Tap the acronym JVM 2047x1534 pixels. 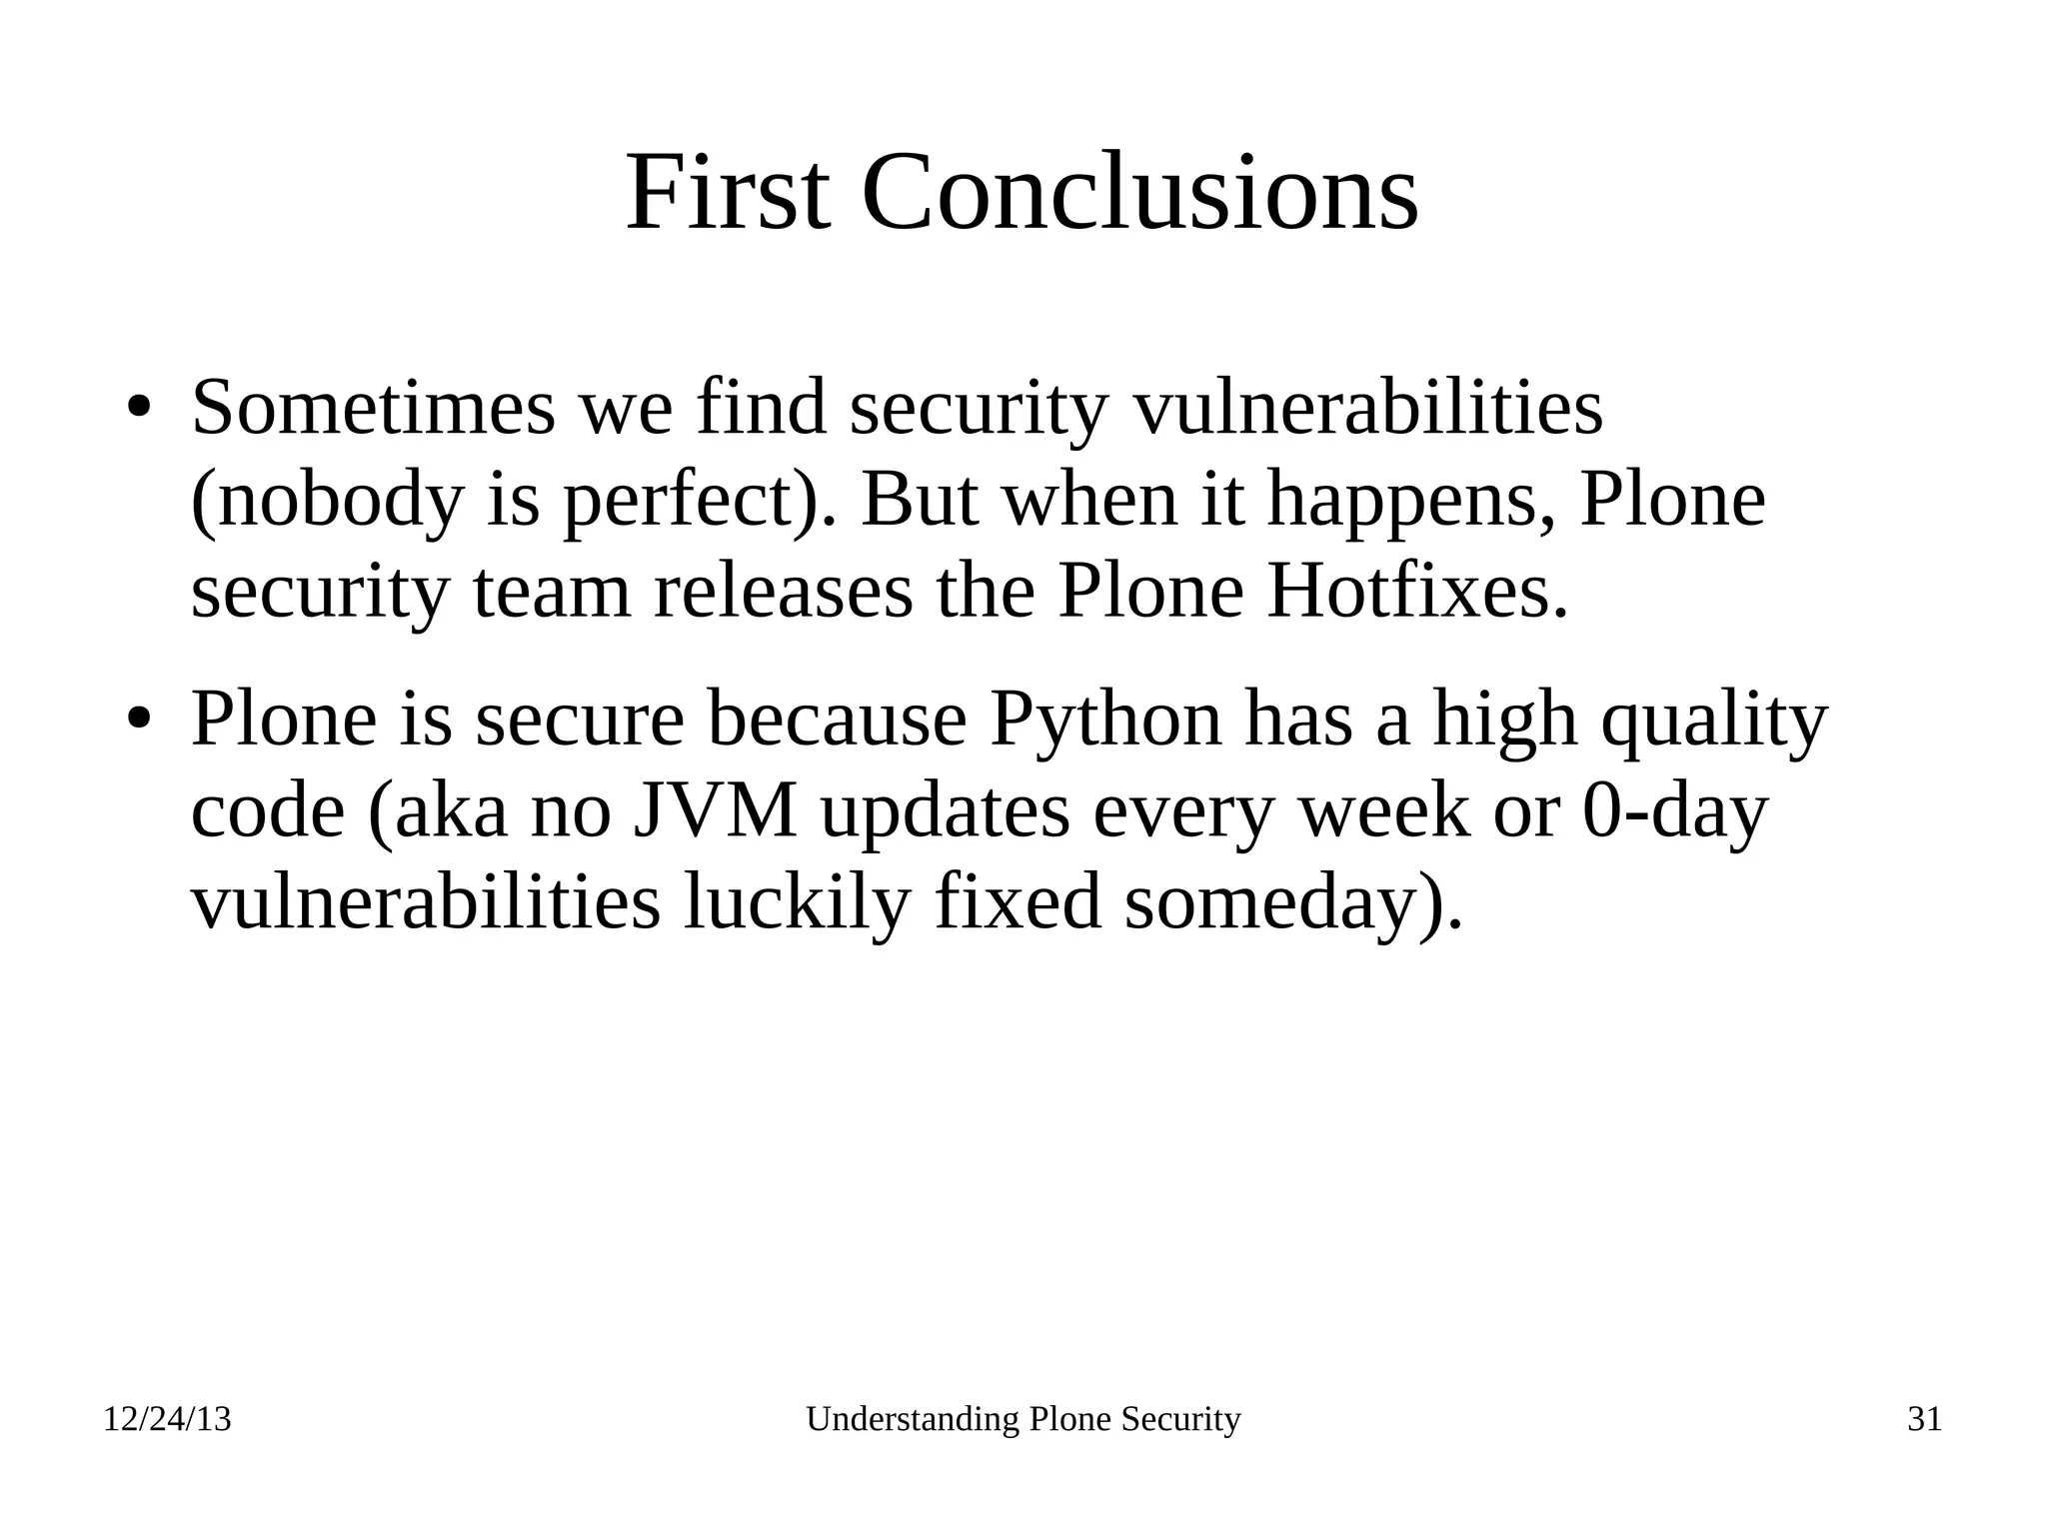[716, 811]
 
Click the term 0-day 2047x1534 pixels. [1676, 811]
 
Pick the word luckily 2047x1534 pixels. [798, 902]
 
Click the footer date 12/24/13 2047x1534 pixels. [167, 1419]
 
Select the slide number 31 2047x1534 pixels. [1924, 1419]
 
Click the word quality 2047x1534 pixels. [1714, 720]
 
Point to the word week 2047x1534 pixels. [1384, 811]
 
